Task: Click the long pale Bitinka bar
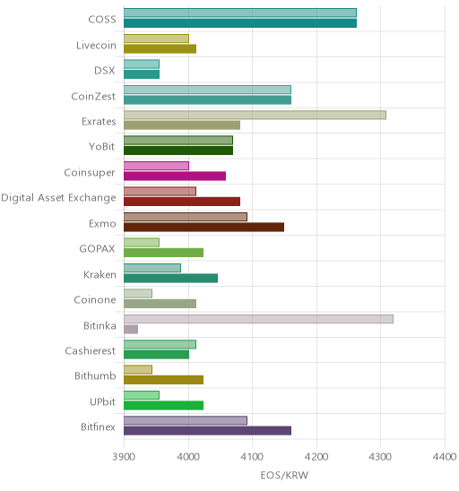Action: [258, 319]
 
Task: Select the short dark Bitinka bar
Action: [131, 330]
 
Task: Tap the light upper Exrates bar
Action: [255, 115]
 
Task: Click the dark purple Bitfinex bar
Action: [207, 431]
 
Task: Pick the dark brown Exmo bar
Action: [204, 228]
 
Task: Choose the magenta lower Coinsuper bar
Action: [175, 177]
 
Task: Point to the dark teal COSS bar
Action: [240, 23]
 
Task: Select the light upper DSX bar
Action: [142, 65]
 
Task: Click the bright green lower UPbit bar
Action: [163, 406]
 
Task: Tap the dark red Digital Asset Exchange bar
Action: [182, 202]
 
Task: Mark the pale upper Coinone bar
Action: [138, 293]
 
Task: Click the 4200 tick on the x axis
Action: [316, 457]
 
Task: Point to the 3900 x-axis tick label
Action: [124, 457]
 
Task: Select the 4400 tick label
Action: [445, 457]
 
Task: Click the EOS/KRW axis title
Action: [284, 476]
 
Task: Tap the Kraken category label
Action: [100, 275]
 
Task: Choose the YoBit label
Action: [102, 147]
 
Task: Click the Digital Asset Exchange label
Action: [58, 198]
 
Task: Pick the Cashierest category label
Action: [91, 350]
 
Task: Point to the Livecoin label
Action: [96, 46]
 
